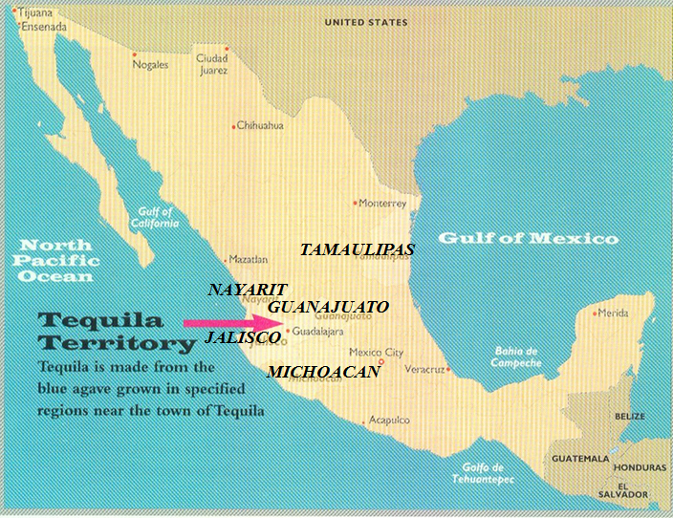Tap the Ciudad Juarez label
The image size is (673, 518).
click(211, 63)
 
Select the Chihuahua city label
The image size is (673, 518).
click(260, 125)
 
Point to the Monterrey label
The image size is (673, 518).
click(383, 204)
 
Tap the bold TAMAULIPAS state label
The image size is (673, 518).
click(357, 249)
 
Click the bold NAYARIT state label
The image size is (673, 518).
click(248, 289)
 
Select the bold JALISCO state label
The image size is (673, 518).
click(243, 337)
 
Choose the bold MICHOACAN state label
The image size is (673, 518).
click(323, 371)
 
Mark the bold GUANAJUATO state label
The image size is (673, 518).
click(328, 307)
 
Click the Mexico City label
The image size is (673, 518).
click(376, 352)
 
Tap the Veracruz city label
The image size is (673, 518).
click(425, 369)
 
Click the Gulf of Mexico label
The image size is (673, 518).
click(528, 238)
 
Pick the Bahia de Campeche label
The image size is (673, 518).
click(517, 356)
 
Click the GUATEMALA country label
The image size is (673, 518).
click(581, 459)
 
